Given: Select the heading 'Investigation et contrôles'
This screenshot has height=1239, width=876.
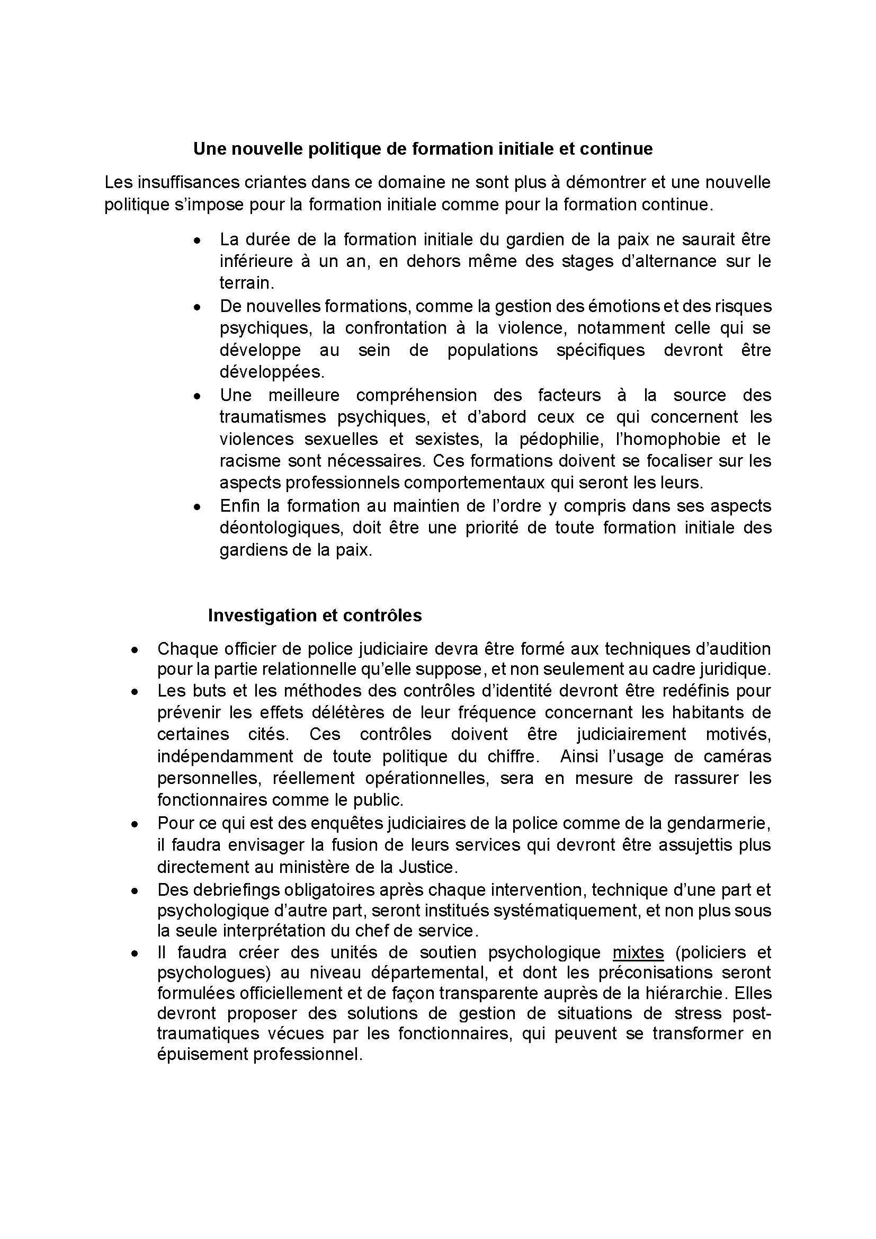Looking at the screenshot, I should pyautogui.click(x=315, y=615).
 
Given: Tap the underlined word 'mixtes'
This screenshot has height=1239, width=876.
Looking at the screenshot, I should pyautogui.click(x=638, y=952).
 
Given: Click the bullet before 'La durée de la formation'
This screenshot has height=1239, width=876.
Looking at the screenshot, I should pyautogui.click(x=198, y=240).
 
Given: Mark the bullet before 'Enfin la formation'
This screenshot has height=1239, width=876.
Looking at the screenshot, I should pyautogui.click(x=198, y=507).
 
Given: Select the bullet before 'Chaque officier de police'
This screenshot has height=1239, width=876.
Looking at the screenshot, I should pyautogui.click(x=136, y=649).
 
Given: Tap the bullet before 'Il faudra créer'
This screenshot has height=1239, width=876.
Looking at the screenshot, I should pyautogui.click(x=136, y=953).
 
